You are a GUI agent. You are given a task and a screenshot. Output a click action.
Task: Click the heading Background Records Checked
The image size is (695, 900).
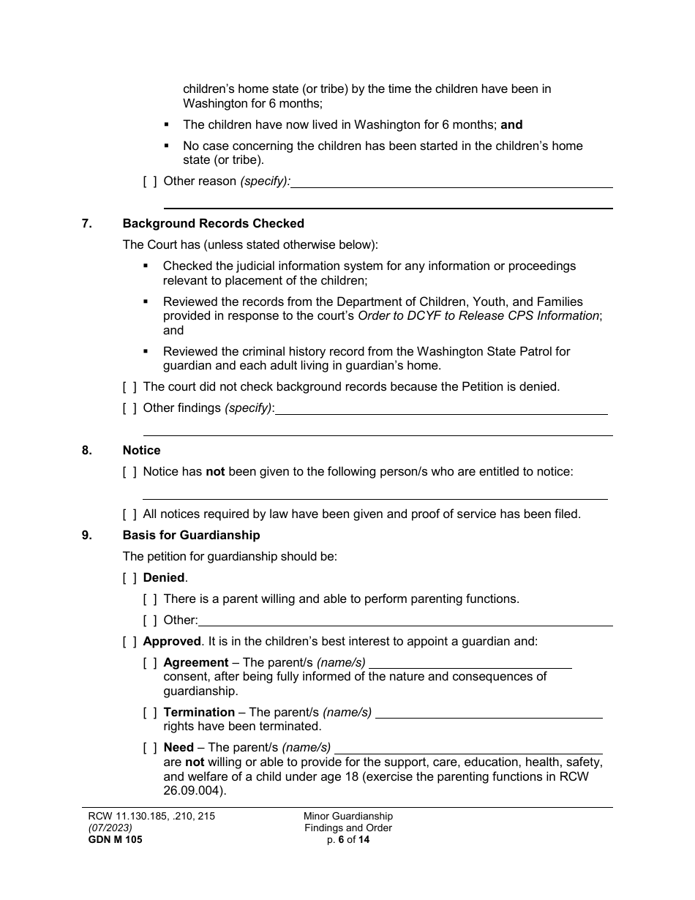[x=213, y=224]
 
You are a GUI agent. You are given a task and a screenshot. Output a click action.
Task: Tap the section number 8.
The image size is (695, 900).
[x=86, y=451]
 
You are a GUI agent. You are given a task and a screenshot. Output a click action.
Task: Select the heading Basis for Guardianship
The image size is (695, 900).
[x=191, y=536]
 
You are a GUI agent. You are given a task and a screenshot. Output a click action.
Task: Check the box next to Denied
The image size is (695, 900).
[x=129, y=578]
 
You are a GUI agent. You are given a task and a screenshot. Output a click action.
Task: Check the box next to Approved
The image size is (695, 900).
[x=129, y=642]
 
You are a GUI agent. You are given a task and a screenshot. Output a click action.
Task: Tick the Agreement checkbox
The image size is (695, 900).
[x=150, y=663]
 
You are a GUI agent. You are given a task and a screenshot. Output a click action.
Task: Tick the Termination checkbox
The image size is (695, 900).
[x=150, y=713]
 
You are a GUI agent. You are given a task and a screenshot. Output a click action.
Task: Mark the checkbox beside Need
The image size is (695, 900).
[x=150, y=748]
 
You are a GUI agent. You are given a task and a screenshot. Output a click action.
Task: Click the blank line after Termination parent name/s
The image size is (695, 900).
[x=489, y=713]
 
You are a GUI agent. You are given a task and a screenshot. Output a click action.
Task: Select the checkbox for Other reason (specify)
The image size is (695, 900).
[x=150, y=181]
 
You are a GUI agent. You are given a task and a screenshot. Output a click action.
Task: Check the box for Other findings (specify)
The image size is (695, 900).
[x=129, y=408]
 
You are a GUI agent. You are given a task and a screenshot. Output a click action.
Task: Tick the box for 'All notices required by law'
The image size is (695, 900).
[x=129, y=514]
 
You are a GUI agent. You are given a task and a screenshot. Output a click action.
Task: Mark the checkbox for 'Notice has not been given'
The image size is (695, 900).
[x=129, y=472]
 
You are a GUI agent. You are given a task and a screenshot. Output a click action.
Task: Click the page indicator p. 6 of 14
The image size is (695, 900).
[x=348, y=840]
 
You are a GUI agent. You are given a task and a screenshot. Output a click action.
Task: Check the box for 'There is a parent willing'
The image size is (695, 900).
[x=150, y=599]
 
